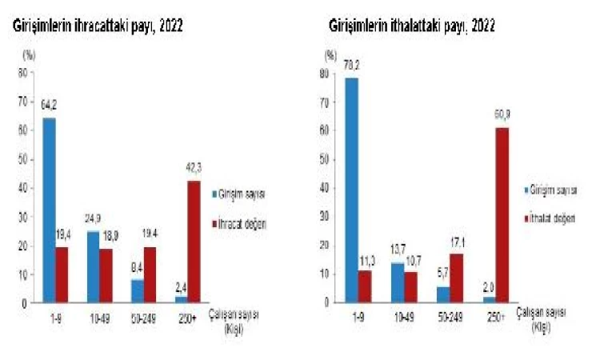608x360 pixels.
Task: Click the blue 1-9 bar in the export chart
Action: pyautogui.click(x=49, y=210)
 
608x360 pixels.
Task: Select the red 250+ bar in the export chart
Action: pyautogui.click(x=194, y=242)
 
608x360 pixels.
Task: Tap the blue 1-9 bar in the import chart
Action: pyautogui.click(x=351, y=190)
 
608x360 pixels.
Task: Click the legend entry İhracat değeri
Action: pyautogui.click(x=241, y=225)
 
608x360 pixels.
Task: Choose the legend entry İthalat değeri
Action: pyautogui.click(x=555, y=218)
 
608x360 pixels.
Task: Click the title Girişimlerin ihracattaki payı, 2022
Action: pyautogui.click(x=96, y=26)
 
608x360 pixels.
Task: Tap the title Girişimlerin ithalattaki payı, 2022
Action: pyautogui.click(x=411, y=26)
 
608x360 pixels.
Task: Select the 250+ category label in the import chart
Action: pyautogui.click(x=496, y=317)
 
